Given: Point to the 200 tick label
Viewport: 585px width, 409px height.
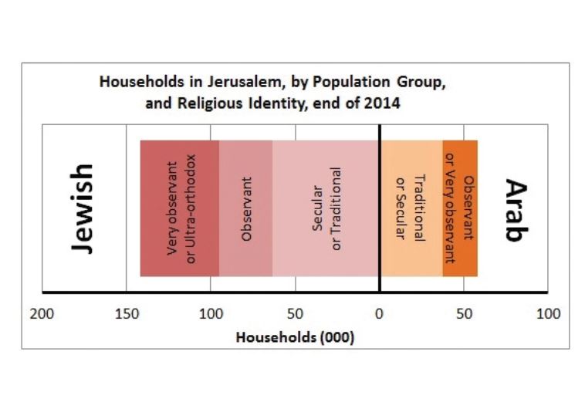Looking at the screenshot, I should click(x=42, y=314).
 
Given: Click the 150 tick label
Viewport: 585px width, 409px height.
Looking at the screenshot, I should click(x=127, y=314).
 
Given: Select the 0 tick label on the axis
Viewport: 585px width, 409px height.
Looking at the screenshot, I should click(x=379, y=314).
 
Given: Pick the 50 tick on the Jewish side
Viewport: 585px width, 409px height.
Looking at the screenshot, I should click(x=294, y=314).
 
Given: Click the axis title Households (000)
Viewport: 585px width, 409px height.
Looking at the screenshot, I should click(x=295, y=337).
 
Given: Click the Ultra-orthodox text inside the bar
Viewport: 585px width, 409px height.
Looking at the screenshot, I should click(x=192, y=208).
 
